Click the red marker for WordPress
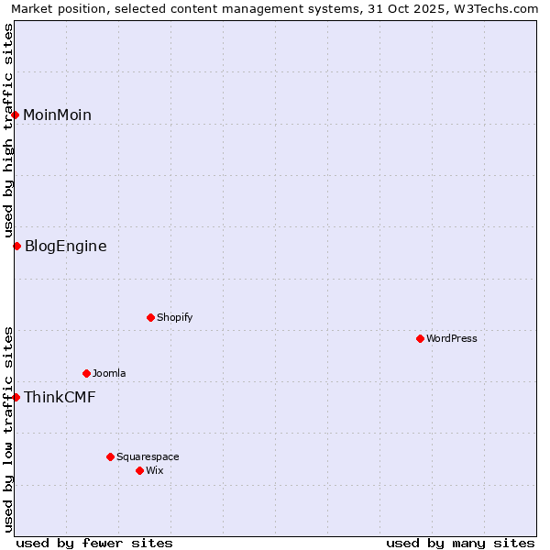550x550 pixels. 420,338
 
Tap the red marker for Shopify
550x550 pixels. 150,317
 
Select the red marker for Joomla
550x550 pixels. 86,373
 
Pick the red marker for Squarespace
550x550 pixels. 110,456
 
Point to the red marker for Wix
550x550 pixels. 139,470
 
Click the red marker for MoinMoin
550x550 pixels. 16,115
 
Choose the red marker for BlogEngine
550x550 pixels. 16,246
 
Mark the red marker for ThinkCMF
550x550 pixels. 16,397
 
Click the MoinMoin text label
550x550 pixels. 57,115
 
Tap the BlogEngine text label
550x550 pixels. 65,246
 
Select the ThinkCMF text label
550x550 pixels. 59,397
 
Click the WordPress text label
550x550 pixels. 452,338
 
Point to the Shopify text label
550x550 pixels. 174,317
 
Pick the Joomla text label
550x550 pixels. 109,373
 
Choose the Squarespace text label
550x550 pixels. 148,456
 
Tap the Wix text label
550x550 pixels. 154,470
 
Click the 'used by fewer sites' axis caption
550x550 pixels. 94,543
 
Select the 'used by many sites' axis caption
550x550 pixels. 460,543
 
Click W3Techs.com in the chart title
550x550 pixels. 500,8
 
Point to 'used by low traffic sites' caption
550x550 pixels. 8,429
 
